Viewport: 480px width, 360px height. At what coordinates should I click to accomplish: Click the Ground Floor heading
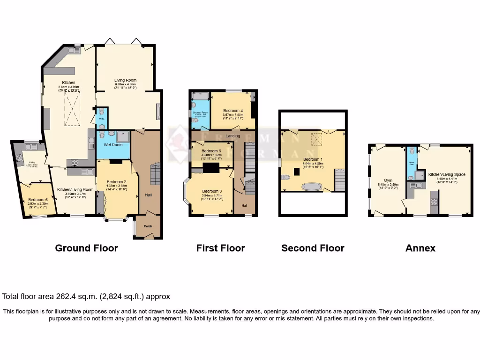[86, 248]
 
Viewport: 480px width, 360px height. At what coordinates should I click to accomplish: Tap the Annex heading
[420, 248]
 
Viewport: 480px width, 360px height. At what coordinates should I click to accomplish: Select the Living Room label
[126, 80]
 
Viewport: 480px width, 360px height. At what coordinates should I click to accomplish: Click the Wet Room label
[113, 145]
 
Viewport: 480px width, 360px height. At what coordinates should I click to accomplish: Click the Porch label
[148, 226]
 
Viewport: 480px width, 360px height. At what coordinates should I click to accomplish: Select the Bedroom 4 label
[233, 111]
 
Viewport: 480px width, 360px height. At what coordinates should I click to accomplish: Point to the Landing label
[233, 136]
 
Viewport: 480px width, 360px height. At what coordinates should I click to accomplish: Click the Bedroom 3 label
[211, 191]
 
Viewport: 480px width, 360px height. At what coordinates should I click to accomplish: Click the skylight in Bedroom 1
[317, 139]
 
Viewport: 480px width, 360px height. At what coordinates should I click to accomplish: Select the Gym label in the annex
[388, 180]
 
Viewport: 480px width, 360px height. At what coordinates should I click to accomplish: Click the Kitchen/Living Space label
[447, 174]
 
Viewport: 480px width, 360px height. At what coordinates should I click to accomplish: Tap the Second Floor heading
[313, 248]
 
